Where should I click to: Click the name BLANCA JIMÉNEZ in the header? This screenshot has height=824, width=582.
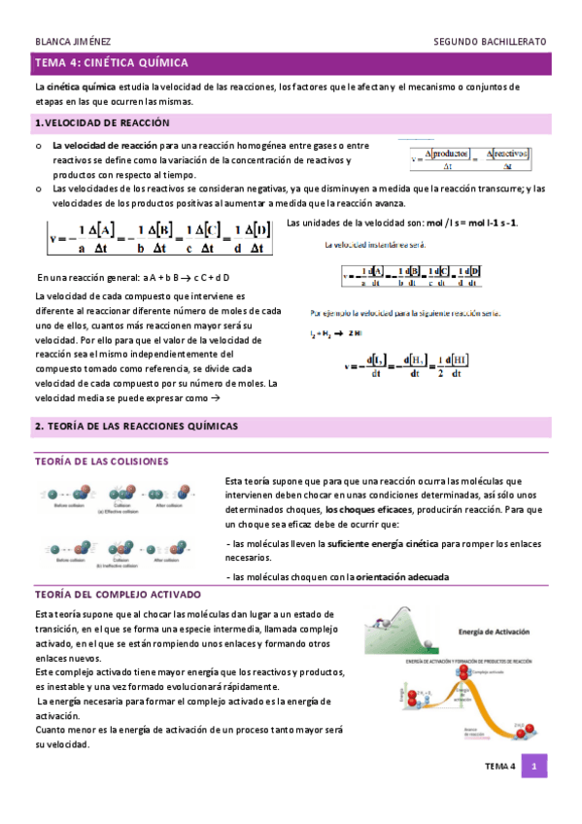coord(72,42)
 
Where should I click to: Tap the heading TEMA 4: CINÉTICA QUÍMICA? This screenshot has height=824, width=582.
coord(111,63)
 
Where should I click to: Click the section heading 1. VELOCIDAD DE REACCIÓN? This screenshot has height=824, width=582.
coord(102,123)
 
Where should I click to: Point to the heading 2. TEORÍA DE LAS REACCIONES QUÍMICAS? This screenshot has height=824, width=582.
coord(136,427)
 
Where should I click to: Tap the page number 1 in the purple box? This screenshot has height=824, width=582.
coord(533,767)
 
